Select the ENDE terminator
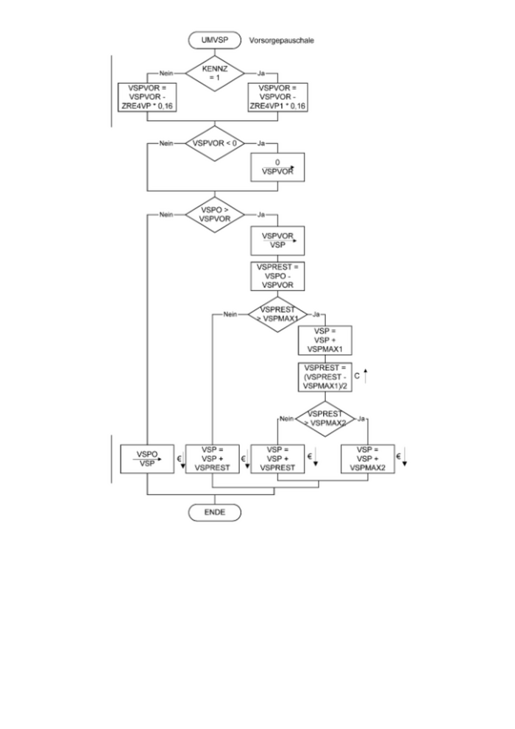tap(214, 512)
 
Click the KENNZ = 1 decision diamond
tap(214, 74)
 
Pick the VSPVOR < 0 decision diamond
tap(214, 143)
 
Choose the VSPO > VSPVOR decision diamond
tap(214, 214)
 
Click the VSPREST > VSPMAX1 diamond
tap(277, 314)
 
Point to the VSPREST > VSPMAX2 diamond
tap(325, 418)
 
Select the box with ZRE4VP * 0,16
tap(148, 97)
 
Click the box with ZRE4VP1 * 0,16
tap(278, 97)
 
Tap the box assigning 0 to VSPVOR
tap(277, 166)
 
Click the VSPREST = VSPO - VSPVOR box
tap(277, 275)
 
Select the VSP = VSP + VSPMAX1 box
tap(325, 341)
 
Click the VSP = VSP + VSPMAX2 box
tap(368, 459)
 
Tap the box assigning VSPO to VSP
tap(148, 459)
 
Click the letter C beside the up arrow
tap(357, 376)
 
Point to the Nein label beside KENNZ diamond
tap(166, 74)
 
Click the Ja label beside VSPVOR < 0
tap(261, 144)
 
